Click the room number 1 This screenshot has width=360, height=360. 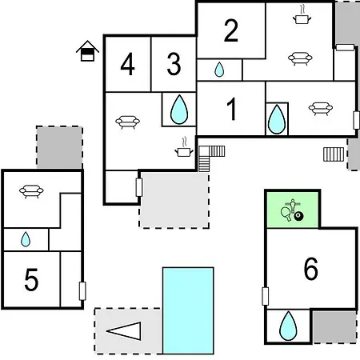pyautogui.click(x=231, y=109)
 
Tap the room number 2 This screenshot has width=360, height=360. pyautogui.click(x=231, y=30)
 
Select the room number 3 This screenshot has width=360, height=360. pyautogui.click(x=174, y=64)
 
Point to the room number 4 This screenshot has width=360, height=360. pyautogui.click(x=127, y=64)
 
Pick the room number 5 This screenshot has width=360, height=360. pyautogui.click(x=31, y=279)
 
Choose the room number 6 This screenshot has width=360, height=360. pyautogui.click(x=311, y=269)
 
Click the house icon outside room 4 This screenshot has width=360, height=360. pyautogui.click(x=87, y=51)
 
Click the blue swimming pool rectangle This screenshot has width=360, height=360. pyautogui.click(x=188, y=310)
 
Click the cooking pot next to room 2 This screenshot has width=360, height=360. pyautogui.click(x=302, y=15)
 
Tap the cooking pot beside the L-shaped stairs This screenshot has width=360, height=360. pyautogui.click(x=184, y=148)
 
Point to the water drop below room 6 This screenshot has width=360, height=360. pyautogui.click(x=288, y=326)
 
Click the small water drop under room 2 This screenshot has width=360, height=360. pyautogui.click(x=219, y=70)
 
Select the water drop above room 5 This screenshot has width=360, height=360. pyautogui.click(x=26, y=239)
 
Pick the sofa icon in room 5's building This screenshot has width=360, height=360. pyautogui.click(x=31, y=191)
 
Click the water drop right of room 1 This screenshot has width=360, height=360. pyautogui.click(x=277, y=119)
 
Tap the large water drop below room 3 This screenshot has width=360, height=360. pyautogui.click(x=179, y=110)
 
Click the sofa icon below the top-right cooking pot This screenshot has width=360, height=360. pyautogui.click(x=300, y=58)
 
